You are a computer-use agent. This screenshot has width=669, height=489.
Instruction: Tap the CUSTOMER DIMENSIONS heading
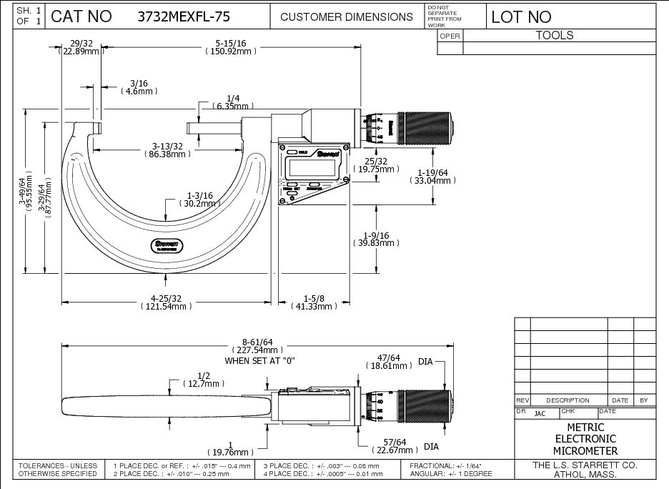pos(347,16)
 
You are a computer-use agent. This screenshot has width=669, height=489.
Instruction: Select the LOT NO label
pos(521,16)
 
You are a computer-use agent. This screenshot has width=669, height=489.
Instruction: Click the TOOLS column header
pos(555,35)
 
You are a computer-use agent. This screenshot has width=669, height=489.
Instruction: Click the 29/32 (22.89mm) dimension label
pos(80,46)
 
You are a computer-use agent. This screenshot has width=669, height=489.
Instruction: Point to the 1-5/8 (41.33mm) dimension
pos(314,302)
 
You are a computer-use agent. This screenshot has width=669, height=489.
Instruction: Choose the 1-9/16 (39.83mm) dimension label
pos(375,239)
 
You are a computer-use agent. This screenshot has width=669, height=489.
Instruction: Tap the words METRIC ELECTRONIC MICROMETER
pos(585,439)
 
